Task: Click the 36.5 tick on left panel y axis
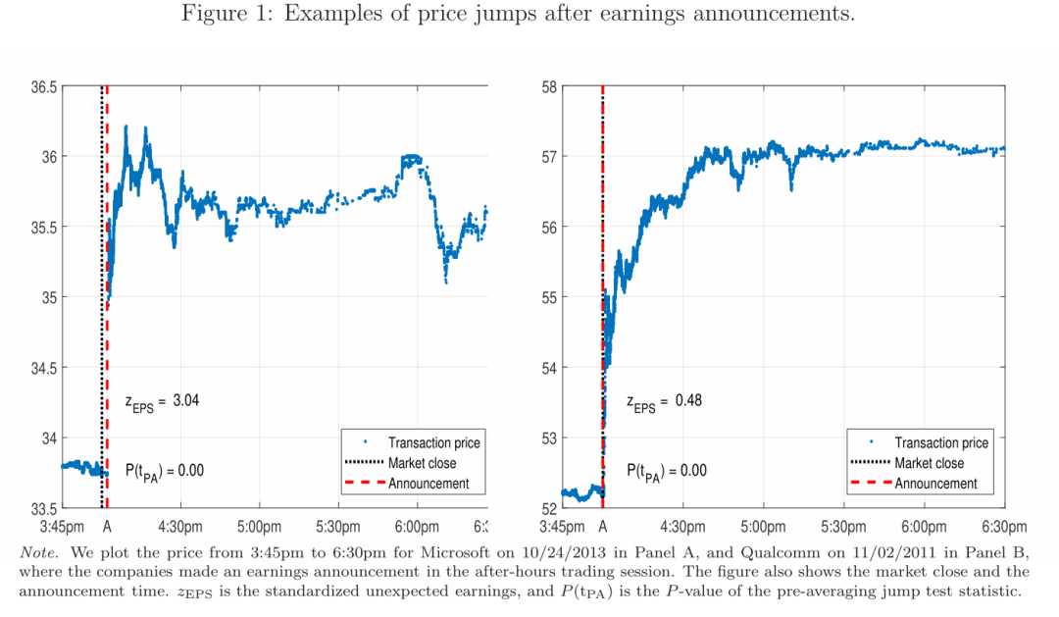click(44, 86)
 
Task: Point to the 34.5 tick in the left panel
click(44, 368)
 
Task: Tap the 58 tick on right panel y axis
click(550, 86)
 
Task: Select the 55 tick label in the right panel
click(550, 297)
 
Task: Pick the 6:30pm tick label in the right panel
click(1004, 527)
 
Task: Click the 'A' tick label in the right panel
click(603, 527)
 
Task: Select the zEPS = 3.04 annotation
click(163, 401)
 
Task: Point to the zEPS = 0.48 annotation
click(665, 401)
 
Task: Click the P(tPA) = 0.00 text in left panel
click(164, 471)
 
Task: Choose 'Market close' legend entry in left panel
click(422, 463)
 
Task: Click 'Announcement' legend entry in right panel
click(935, 484)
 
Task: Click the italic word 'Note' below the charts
click(40, 552)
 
